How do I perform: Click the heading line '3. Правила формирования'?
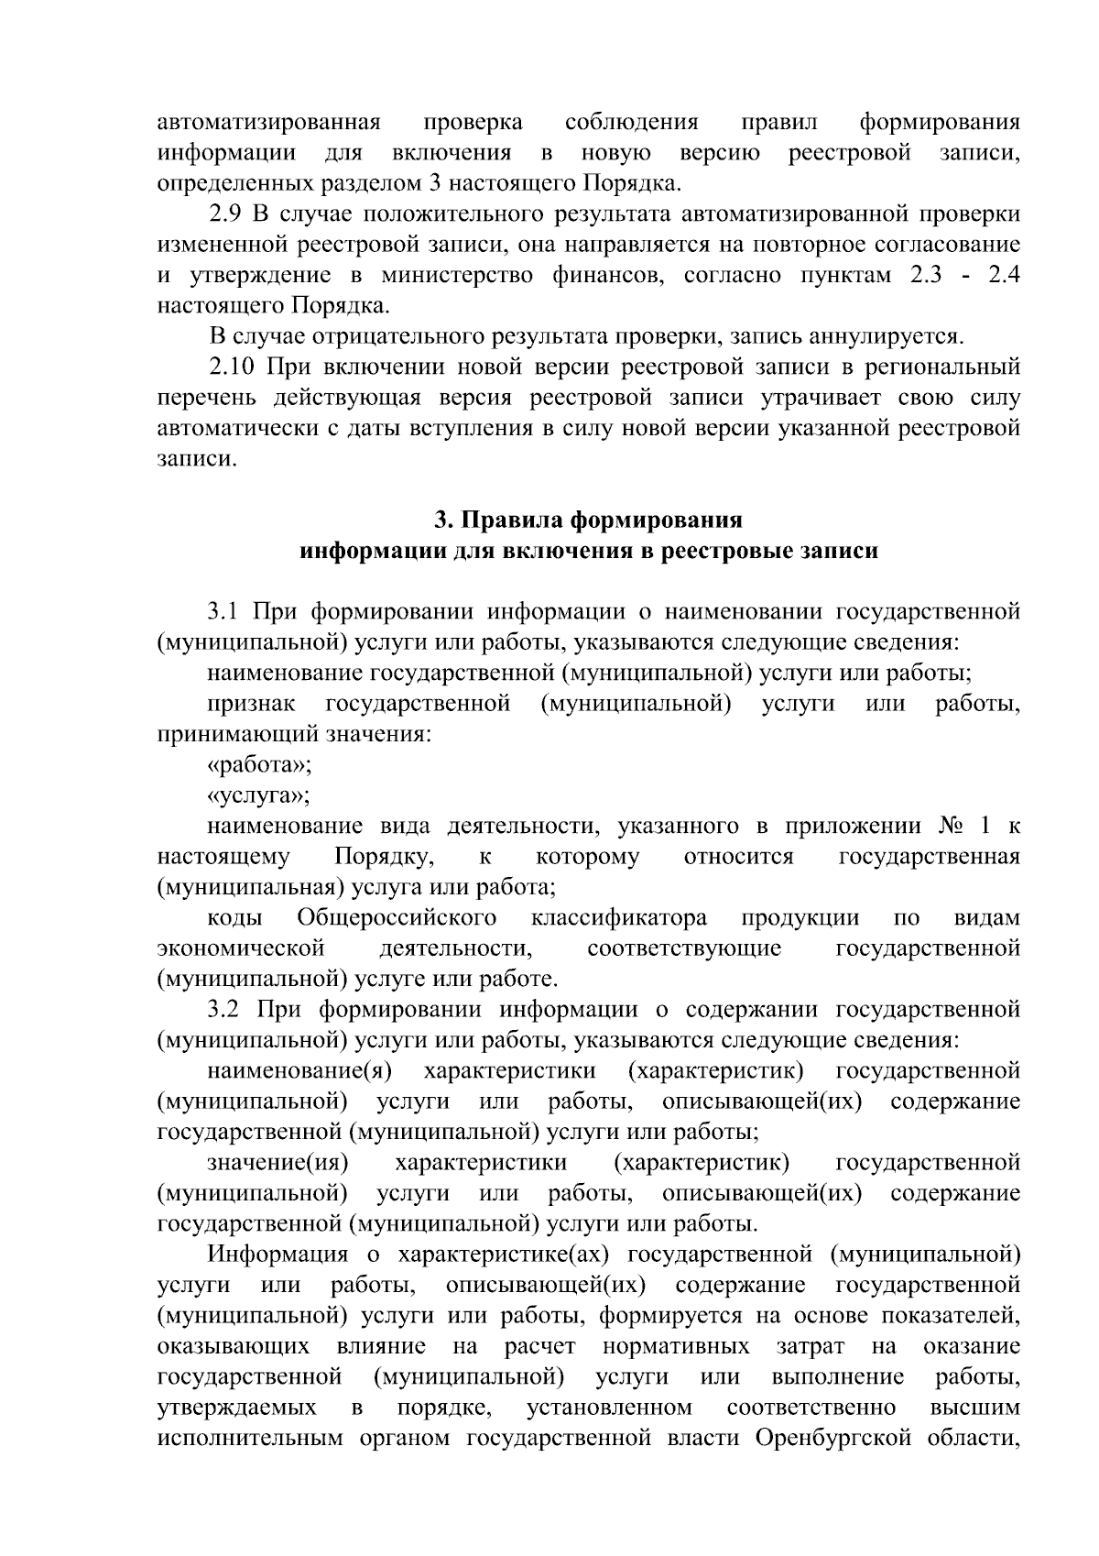[x=588, y=520]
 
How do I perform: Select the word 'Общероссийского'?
[x=397, y=917]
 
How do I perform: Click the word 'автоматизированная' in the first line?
[x=269, y=122]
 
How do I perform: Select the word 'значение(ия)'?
[x=278, y=1162]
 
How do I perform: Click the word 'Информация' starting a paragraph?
[x=277, y=1254]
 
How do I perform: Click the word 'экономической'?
[x=242, y=948]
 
